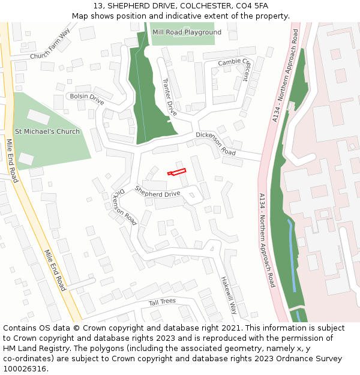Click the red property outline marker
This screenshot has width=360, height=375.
176,172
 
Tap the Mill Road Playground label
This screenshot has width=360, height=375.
187,32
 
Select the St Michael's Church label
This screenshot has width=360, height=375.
47,131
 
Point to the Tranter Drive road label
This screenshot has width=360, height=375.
169,97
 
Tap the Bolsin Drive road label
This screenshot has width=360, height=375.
86,99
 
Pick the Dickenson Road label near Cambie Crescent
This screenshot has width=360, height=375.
215,143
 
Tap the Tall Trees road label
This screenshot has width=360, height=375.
162,302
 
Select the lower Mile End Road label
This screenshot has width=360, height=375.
55,271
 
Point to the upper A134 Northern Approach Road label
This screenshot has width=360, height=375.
285,76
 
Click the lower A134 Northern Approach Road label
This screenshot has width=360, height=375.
266,240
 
